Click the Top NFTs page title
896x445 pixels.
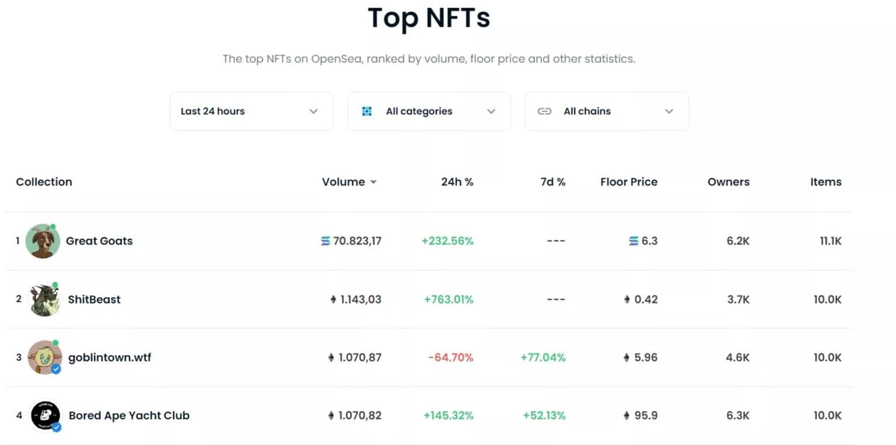(429, 18)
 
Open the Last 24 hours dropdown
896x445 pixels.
(251, 111)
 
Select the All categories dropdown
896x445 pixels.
(429, 111)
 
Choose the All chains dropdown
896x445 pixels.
(607, 111)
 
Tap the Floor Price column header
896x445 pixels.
(628, 182)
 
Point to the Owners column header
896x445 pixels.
(728, 182)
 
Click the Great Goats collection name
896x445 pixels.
(99, 241)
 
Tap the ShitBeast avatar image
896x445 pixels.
(44, 300)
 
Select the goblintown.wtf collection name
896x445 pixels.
(110, 357)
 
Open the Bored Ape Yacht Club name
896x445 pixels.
(129, 416)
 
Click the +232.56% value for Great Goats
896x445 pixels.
(447, 241)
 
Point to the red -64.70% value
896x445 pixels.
(450, 357)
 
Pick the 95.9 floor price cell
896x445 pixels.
(646, 416)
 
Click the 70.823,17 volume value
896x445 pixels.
(357, 241)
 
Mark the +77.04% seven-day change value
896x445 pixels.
(542, 357)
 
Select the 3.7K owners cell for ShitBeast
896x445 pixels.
(737, 300)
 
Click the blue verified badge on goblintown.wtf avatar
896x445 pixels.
(56, 369)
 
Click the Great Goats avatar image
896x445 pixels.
(43, 241)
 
